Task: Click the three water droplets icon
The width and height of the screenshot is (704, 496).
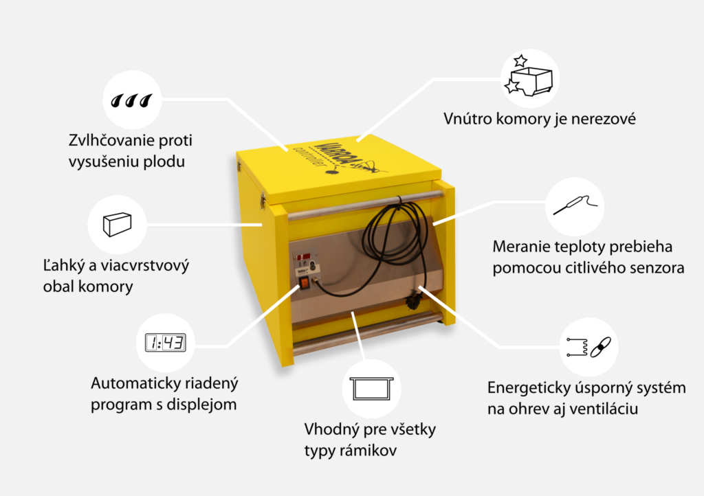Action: pos(131,100)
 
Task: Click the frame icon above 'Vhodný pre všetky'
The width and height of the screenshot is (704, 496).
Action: pos(372,389)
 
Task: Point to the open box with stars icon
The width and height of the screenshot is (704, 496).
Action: pos(529,76)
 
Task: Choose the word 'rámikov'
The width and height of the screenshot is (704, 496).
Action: pos(362,451)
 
